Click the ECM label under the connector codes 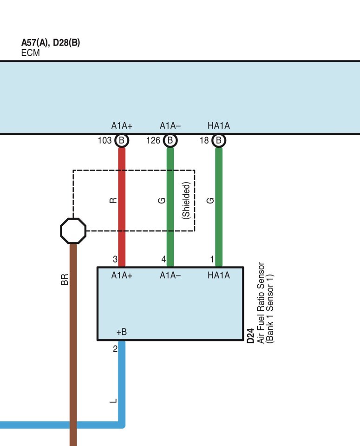click(x=31, y=53)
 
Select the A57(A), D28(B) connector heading click(x=51, y=43)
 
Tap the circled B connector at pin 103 click(x=122, y=140)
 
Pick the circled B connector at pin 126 click(x=170, y=140)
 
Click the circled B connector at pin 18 click(x=219, y=140)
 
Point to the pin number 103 click(x=105, y=140)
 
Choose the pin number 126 click(x=153, y=140)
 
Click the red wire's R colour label click(x=113, y=201)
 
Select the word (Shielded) click(x=186, y=201)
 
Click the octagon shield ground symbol click(x=73, y=231)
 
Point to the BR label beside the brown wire click(x=65, y=280)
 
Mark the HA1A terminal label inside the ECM click(x=219, y=126)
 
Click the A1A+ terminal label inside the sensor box click(x=122, y=275)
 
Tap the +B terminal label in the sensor click(x=121, y=332)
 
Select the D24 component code click(x=250, y=334)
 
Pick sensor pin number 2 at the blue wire click(x=115, y=349)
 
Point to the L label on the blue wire click(x=114, y=400)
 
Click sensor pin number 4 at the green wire click(x=163, y=259)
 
